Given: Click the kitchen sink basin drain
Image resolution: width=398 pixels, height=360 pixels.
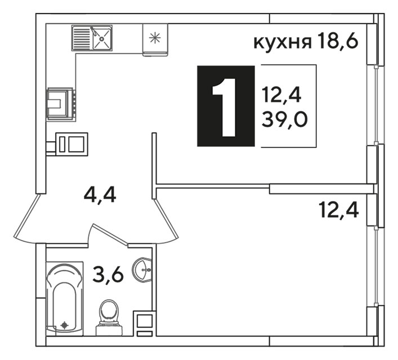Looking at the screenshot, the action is click(101, 39).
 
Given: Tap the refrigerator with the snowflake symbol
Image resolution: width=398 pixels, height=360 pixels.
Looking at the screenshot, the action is click(155, 39).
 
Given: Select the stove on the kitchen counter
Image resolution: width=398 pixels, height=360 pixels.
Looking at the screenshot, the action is click(61, 103).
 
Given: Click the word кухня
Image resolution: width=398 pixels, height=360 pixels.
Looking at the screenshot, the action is click(283, 42).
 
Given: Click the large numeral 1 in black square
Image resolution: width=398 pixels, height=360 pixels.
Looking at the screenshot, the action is click(224, 107).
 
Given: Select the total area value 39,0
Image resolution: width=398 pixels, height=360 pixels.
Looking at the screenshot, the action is click(284, 119).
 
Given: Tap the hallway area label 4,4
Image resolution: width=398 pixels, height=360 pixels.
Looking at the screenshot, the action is click(100, 195).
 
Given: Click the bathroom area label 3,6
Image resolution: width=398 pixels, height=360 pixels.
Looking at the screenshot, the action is click(108, 274).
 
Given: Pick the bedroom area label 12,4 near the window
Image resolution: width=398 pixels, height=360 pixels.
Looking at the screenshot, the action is click(339, 210).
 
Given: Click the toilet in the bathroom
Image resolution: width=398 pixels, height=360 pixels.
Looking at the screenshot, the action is click(109, 318).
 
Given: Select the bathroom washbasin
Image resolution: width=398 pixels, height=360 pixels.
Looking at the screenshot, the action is click(142, 269).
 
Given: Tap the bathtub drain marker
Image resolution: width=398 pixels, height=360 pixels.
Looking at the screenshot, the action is click(65, 325).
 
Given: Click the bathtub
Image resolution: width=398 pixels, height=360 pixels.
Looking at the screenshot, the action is click(65, 299).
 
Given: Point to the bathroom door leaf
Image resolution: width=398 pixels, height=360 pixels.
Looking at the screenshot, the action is click(110, 235).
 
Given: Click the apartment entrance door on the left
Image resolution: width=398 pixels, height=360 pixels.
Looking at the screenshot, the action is click(25, 218).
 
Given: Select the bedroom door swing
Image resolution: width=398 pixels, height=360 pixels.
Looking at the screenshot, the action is click(166, 220).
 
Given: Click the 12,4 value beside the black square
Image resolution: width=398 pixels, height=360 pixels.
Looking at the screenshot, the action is click(281, 94).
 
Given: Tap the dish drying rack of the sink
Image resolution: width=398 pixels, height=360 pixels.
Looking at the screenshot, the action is click(81, 38).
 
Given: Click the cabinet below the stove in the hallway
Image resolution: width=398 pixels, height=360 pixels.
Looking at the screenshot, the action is click(72, 144).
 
